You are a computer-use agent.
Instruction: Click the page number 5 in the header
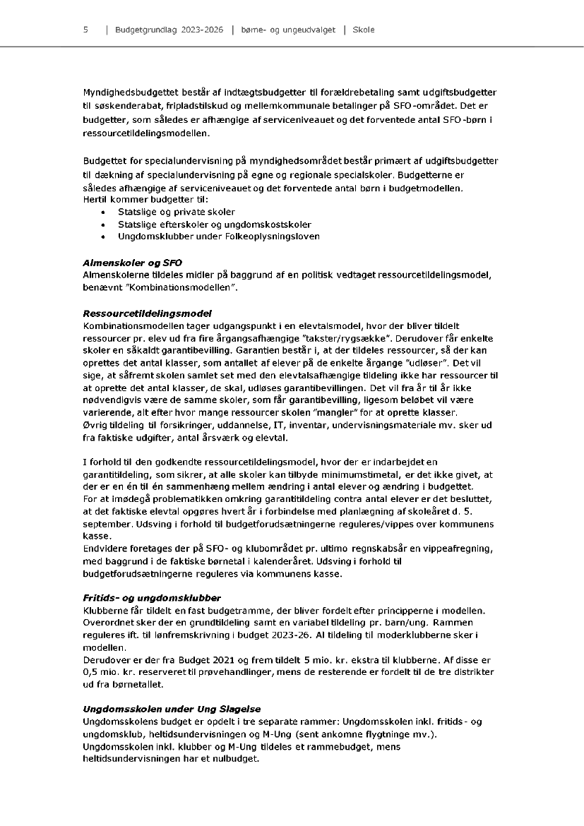85,30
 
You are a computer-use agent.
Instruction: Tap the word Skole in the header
363,30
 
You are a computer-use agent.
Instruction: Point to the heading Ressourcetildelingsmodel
147,313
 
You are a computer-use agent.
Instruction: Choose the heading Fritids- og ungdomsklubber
152,598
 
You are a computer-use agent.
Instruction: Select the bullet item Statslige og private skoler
176,212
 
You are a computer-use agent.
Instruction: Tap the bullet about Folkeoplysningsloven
218,236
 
